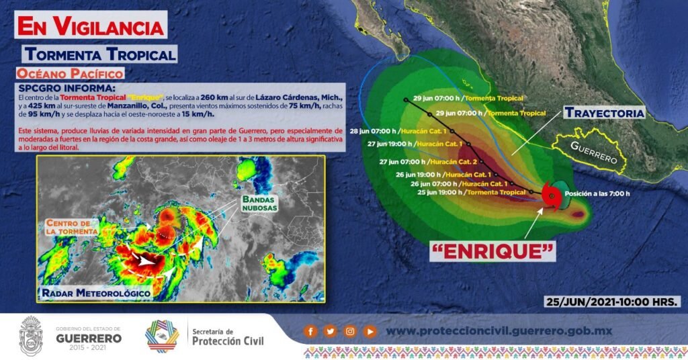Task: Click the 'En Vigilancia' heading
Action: click(91, 26)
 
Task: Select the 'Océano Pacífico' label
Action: click(70, 73)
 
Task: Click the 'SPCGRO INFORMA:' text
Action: click(67, 88)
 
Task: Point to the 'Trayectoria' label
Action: click(604, 113)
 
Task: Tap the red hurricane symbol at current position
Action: click(550, 196)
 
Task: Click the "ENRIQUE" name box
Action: click(492, 251)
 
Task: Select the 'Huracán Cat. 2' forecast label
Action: click(454, 162)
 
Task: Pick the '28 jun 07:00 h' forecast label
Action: click(373, 131)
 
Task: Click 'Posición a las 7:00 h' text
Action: click(597, 193)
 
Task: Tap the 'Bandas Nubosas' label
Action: click(260, 204)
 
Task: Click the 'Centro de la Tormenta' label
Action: click(71, 227)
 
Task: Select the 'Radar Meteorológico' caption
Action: click(96, 292)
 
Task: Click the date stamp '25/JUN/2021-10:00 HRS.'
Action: click(613, 302)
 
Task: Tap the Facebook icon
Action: click(310, 332)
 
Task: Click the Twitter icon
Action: click(331, 332)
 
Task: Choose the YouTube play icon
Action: click(370, 332)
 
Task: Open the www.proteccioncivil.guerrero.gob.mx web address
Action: click(499, 331)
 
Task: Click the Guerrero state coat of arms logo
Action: click(31, 335)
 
